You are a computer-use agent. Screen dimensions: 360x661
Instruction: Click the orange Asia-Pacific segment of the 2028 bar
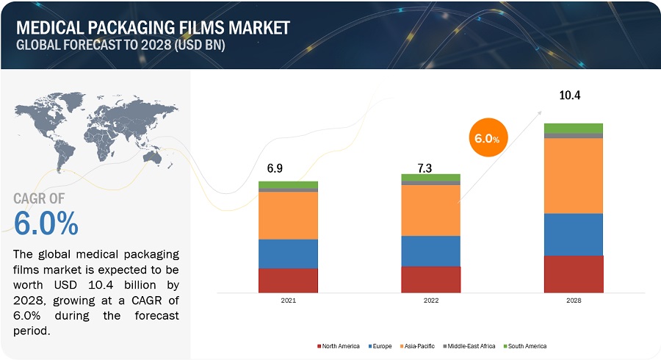point(574,176)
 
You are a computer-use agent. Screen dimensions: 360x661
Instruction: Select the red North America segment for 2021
point(288,281)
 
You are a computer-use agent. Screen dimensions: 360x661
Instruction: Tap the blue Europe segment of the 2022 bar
point(430,251)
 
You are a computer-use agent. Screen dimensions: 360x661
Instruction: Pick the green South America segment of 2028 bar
point(574,128)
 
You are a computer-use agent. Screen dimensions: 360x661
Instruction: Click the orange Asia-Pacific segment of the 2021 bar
point(288,215)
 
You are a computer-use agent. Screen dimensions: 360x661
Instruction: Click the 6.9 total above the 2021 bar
point(275,168)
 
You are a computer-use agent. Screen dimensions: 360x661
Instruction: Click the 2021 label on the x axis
point(288,301)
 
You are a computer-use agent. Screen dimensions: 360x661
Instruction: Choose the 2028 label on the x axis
point(574,301)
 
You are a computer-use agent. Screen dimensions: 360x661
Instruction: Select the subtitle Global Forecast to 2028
point(120,44)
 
